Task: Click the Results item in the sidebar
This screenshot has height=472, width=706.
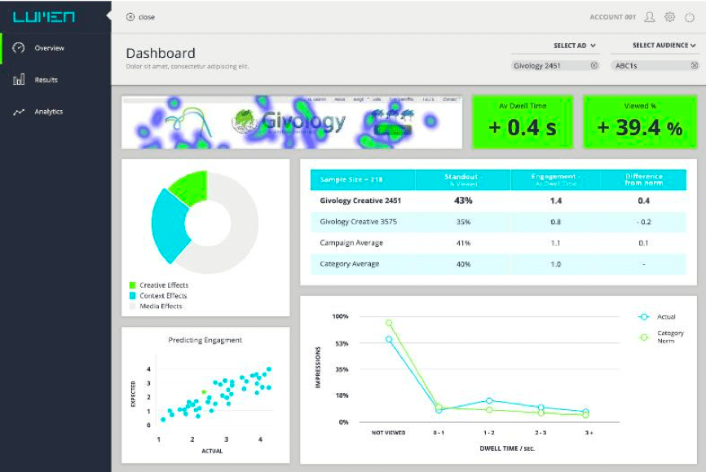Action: pos(46,80)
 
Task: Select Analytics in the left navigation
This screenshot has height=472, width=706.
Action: pos(48,112)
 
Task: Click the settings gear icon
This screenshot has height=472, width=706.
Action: pos(669,17)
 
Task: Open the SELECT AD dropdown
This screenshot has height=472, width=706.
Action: pos(575,46)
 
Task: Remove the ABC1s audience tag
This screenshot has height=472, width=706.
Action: pos(694,65)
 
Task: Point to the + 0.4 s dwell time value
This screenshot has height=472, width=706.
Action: pos(522,127)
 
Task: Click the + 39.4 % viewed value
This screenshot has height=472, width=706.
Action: pos(640,127)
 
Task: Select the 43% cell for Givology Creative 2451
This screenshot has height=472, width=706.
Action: pos(463,201)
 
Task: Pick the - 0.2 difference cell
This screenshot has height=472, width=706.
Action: pos(643,222)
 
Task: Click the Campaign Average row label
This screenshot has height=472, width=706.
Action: pos(351,243)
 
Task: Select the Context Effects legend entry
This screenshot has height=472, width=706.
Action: pos(163,296)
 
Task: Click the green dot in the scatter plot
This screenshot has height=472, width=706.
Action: pos(204,393)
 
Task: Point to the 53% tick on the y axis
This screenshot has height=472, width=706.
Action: pos(341,343)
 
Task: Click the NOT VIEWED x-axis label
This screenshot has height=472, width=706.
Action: pos(388,433)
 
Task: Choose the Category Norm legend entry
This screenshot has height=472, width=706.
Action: pos(669,337)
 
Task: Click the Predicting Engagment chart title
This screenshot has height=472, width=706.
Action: pos(205,340)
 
